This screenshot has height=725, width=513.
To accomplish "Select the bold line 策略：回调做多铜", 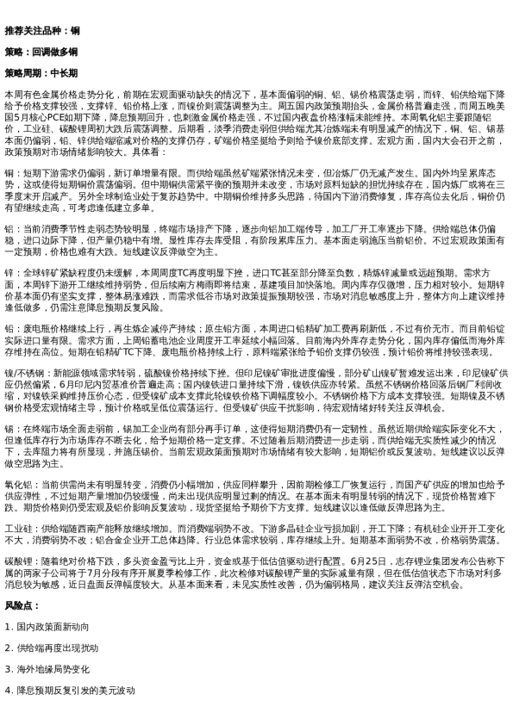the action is [41, 52].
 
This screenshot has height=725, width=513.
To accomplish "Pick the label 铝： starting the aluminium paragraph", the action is [10, 228].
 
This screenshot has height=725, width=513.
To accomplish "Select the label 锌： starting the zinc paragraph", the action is [10, 272].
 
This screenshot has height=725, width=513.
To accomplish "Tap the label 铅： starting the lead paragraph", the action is [10, 328].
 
